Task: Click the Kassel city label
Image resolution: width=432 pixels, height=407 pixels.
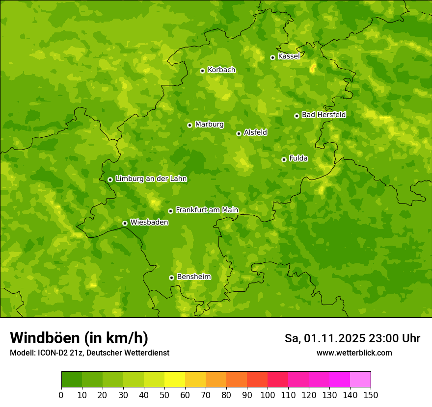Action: [x=289, y=56]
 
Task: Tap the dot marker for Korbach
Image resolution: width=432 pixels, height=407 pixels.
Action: [x=202, y=71]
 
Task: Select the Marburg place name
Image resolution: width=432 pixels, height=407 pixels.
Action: [x=209, y=125]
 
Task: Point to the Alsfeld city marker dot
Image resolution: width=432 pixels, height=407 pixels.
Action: [x=239, y=133]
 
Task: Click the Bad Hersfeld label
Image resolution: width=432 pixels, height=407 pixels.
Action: [x=324, y=115]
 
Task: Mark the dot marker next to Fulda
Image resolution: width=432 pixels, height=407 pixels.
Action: [x=284, y=159]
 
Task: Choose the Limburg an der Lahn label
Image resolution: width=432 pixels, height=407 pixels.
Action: [x=151, y=179]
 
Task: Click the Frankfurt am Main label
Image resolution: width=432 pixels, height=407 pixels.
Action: [x=207, y=210]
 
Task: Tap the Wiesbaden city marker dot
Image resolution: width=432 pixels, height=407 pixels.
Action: [x=125, y=223]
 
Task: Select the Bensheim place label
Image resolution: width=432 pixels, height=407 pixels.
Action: [x=193, y=277]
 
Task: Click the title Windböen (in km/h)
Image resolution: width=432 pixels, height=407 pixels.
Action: [x=79, y=338]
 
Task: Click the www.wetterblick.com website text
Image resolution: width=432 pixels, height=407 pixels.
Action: [x=354, y=353]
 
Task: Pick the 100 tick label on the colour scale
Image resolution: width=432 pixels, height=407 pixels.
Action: [x=268, y=395]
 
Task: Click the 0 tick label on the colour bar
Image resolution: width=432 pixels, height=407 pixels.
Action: [x=61, y=395]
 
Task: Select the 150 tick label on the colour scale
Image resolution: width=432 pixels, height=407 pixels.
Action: [x=371, y=395]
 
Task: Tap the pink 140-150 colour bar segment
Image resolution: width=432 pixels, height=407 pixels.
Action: [x=360, y=380]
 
